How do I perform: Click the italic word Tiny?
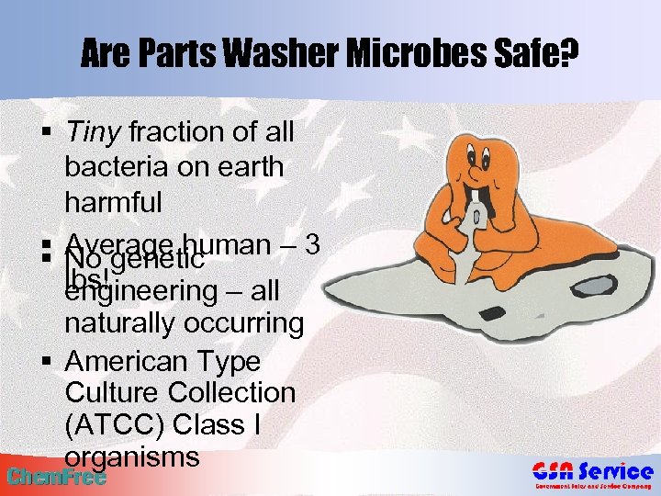94,132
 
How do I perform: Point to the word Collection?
232,392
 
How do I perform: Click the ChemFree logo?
55,476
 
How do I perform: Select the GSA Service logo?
593,476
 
